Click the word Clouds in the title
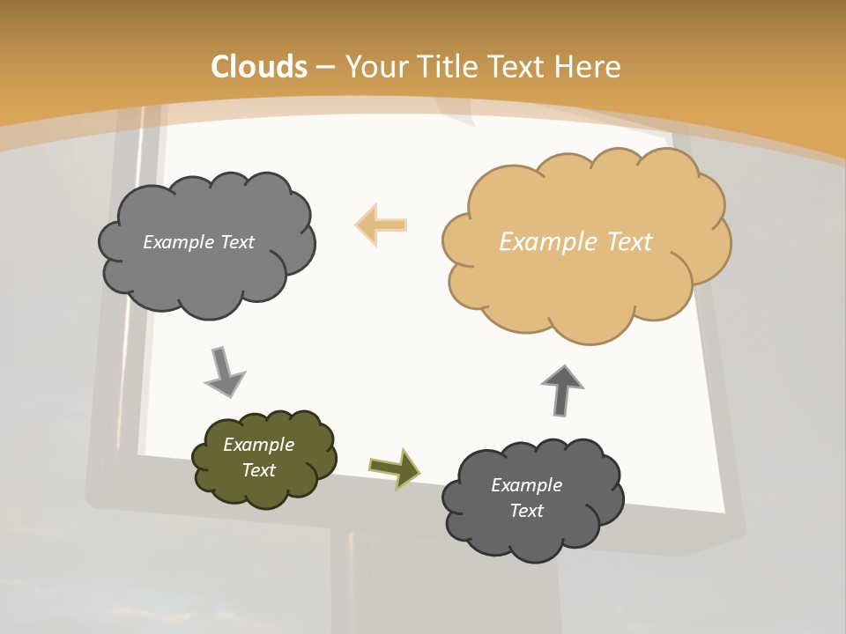point(260,67)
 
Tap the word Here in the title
point(590,67)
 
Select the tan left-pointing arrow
point(381,225)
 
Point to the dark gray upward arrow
point(561,390)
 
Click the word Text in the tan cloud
point(629,242)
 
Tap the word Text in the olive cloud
point(258,470)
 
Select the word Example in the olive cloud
point(258,445)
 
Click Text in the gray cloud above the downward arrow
point(236,242)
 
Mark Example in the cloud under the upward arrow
point(526,485)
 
